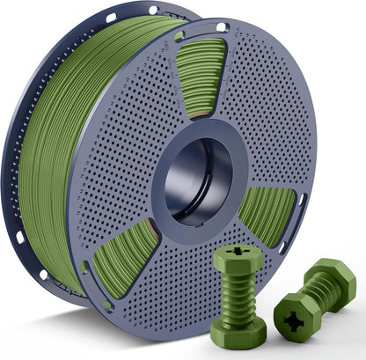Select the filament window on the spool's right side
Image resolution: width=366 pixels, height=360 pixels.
(x=267, y=214)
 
